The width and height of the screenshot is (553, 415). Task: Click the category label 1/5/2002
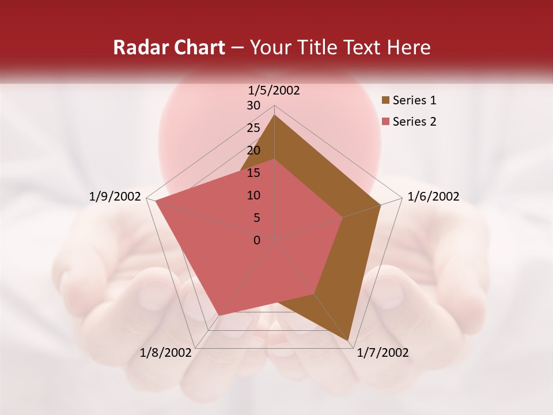(274, 90)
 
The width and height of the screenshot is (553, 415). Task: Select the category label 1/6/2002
(433, 197)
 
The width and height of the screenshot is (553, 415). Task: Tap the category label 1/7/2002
(382, 353)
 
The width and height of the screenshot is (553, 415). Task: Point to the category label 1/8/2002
(166, 353)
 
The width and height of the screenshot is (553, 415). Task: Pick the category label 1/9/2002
(115, 197)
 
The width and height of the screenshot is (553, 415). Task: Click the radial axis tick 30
(253, 105)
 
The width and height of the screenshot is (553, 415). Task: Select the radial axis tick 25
(253, 128)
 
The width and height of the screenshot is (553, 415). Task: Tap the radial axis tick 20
(253, 150)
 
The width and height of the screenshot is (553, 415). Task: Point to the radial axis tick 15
(253, 173)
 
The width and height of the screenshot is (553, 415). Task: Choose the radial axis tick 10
(253, 195)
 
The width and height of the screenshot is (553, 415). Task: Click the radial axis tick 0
(257, 240)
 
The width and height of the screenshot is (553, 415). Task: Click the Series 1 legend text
(414, 100)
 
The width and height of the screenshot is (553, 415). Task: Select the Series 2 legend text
(414, 122)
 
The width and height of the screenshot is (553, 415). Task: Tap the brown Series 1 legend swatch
(385, 101)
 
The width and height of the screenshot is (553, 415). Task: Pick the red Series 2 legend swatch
(385, 122)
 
